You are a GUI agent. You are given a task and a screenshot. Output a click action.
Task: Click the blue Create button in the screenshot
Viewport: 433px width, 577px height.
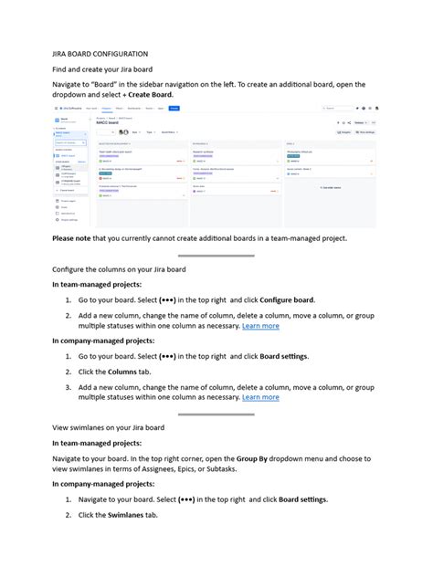174,109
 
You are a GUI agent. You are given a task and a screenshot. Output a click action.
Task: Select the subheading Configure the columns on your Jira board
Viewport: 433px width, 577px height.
119,270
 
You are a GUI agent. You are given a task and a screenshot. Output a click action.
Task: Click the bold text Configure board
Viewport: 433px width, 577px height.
287,299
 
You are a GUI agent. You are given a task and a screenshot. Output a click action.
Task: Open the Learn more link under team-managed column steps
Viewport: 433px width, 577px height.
260,326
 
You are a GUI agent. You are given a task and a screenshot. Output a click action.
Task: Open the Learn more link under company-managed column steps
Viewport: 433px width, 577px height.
260,397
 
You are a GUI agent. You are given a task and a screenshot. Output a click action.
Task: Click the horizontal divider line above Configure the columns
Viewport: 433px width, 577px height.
216,255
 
